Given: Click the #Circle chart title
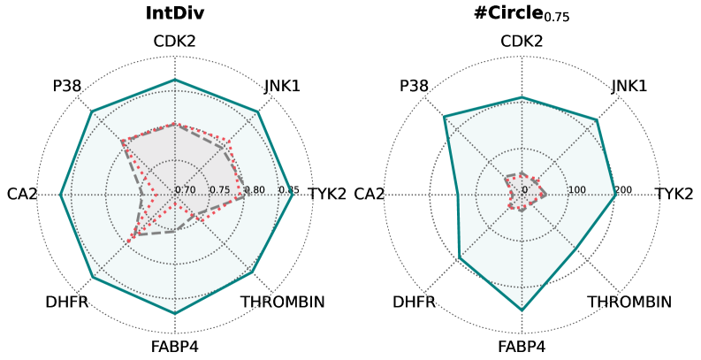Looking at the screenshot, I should [522, 14].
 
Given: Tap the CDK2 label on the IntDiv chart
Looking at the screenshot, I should [174, 42].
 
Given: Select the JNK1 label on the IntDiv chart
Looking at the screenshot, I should [282, 86].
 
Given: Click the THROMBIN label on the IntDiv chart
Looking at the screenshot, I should [283, 303].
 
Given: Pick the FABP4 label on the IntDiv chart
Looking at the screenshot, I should [174, 346].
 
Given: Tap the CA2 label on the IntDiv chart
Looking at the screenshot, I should [21, 194].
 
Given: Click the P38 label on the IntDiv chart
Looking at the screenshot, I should [67, 86].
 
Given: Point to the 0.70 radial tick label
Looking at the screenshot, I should [186, 190].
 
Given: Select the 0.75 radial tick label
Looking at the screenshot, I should [220, 190].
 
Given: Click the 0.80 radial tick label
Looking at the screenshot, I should [255, 190].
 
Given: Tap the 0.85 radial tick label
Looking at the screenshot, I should [289, 190].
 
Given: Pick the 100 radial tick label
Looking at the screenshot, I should [577, 190].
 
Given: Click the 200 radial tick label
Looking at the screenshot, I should [623, 190].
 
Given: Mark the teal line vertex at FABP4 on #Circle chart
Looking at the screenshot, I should [522, 310].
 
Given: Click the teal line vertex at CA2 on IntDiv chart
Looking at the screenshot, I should [61, 195].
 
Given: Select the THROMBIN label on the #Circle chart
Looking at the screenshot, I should [629, 303].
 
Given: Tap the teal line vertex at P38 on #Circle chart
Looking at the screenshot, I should [445, 117].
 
